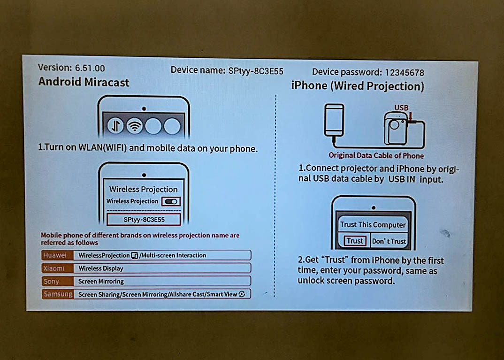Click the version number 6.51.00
(x=90, y=68)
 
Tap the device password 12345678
(x=405, y=73)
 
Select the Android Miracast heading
(x=84, y=82)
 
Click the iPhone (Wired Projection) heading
(x=358, y=86)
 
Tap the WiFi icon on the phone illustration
(x=135, y=125)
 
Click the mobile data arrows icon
(x=115, y=125)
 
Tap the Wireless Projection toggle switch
(x=171, y=201)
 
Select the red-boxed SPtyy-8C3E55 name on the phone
(x=144, y=220)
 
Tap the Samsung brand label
(x=58, y=294)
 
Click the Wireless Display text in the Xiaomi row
(x=101, y=268)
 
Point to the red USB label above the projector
(x=401, y=107)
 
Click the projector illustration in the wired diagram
(x=397, y=128)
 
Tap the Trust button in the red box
(x=354, y=241)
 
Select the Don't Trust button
(x=389, y=241)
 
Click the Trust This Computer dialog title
(x=373, y=225)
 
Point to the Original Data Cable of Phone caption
(x=376, y=155)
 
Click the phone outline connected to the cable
(x=334, y=120)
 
